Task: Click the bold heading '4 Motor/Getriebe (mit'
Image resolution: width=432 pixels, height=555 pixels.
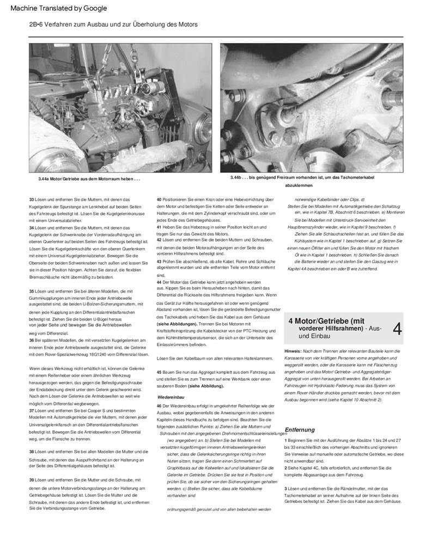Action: click(326, 321)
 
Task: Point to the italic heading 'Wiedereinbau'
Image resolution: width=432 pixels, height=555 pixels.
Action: click(171, 397)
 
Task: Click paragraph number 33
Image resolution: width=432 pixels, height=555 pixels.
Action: click(32, 200)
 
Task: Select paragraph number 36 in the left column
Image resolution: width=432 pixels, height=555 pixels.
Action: click(32, 340)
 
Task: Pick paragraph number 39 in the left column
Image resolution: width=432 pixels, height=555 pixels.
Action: click(32, 480)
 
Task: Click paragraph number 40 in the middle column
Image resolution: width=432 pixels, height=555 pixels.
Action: click(159, 200)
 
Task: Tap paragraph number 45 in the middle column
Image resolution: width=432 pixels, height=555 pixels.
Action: click(159, 372)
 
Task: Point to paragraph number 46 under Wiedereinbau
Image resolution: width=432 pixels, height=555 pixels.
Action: click(159, 406)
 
